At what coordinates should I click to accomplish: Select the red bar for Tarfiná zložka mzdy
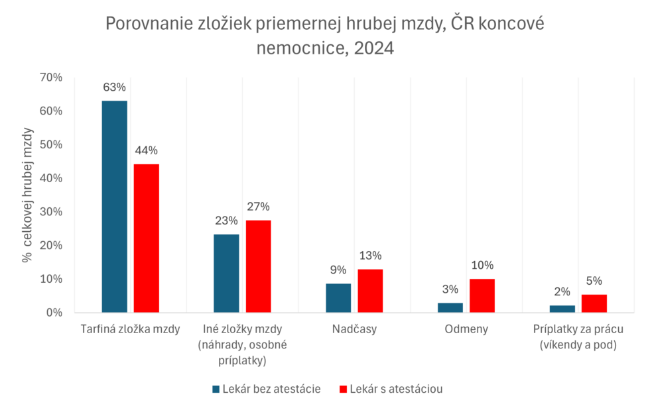(x=147, y=238)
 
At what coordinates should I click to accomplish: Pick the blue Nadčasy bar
(x=338, y=298)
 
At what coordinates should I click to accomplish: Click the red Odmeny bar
(x=482, y=295)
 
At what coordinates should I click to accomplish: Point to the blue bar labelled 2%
(x=562, y=309)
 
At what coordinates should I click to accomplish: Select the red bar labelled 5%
(x=594, y=303)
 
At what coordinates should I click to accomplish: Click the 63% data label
(x=114, y=87)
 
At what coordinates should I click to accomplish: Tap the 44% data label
(x=147, y=150)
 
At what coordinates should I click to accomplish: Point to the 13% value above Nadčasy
(x=371, y=256)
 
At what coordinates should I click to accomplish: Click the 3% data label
(x=450, y=289)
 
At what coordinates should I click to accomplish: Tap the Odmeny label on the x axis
(x=466, y=329)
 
